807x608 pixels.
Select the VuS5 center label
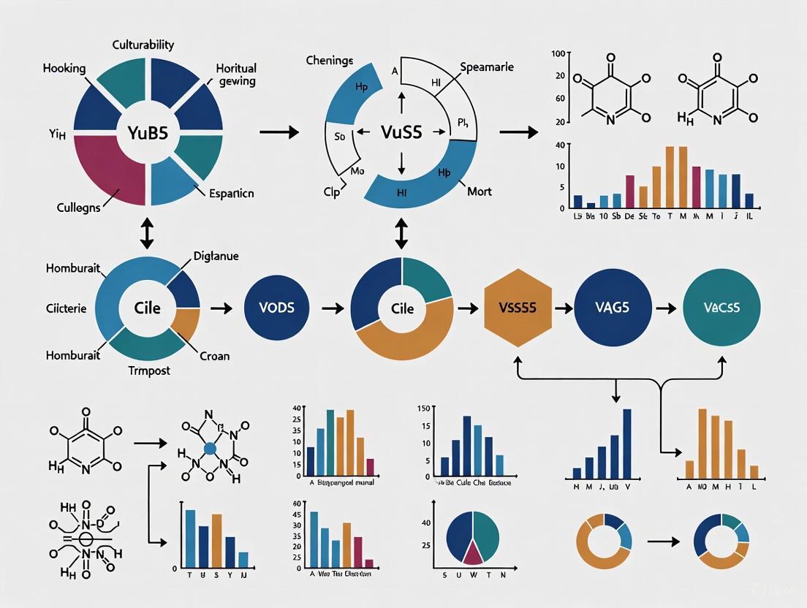(x=401, y=132)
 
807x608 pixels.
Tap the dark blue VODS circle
(x=277, y=308)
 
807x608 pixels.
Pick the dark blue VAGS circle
(x=613, y=308)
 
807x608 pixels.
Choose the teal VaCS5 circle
(x=721, y=308)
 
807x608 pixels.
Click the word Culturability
(x=143, y=45)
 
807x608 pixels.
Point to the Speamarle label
(x=487, y=66)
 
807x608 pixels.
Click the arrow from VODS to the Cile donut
(x=333, y=308)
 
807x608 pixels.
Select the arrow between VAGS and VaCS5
(x=665, y=308)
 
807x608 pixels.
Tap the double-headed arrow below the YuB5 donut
(x=147, y=232)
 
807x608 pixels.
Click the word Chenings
(x=330, y=61)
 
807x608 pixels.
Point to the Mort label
(x=480, y=191)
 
